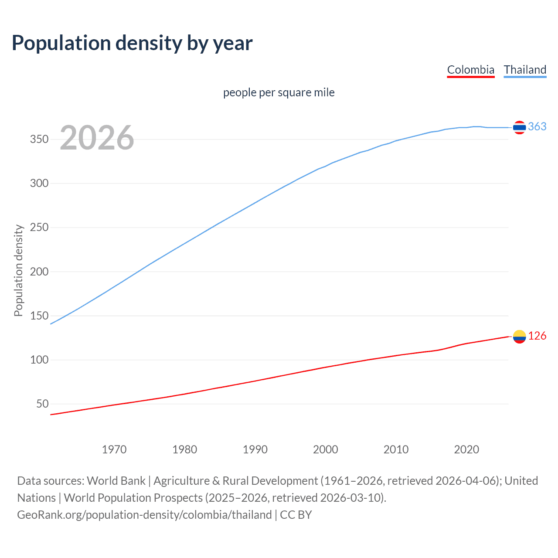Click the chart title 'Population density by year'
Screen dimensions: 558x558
pyautogui.click(x=132, y=43)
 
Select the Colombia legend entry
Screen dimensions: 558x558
pyautogui.click(x=470, y=70)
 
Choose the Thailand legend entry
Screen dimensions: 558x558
pyautogui.click(x=525, y=70)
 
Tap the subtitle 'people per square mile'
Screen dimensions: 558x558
pyautogui.click(x=279, y=92)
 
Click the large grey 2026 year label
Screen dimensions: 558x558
pyautogui.click(x=97, y=138)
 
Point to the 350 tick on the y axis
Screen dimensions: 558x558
pyautogui.click(x=39, y=139)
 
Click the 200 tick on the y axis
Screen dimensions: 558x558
pyautogui.click(x=39, y=272)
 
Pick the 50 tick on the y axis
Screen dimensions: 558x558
pyautogui.click(x=42, y=404)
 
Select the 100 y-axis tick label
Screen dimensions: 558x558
pyautogui.click(x=39, y=360)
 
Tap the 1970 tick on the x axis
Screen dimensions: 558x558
pyautogui.click(x=114, y=449)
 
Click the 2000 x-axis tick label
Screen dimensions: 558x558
pyautogui.click(x=326, y=449)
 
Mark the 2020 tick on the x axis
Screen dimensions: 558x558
pyautogui.click(x=466, y=449)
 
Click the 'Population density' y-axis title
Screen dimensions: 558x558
pyautogui.click(x=18, y=270)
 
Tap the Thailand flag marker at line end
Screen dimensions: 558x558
pyautogui.click(x=519, y=127)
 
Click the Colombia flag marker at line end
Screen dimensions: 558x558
pyautogui.click(x=519, y=337)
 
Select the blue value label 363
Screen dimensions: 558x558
pyautogui.click(x=537, y=126)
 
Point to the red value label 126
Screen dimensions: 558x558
pyautogui.click(x=537, y=336)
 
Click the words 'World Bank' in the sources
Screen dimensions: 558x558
pyautogui.click(x=116, y=481)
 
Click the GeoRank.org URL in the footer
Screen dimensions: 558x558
pyautogui.click(x=144, y=515)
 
